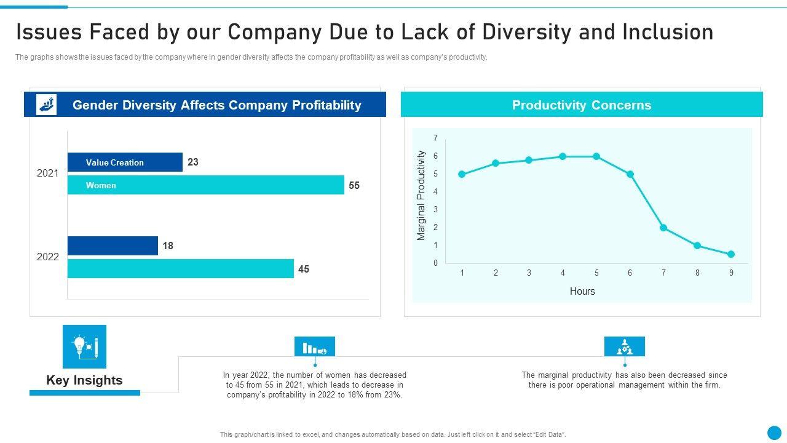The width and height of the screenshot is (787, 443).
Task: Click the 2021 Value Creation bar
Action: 125,162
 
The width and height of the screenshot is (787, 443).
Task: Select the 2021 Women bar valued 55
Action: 205,185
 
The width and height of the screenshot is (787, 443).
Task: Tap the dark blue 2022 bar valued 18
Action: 113,246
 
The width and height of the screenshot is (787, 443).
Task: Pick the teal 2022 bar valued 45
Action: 180,269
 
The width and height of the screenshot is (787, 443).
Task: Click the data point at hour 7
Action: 663,228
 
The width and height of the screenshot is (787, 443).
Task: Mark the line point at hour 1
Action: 462,174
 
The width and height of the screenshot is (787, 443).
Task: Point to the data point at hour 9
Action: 731,254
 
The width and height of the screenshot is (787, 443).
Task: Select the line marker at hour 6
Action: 630,174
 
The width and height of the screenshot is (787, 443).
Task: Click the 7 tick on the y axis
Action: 435,138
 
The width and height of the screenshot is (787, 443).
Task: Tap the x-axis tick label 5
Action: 596,273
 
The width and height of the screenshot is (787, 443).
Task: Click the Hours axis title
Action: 582,291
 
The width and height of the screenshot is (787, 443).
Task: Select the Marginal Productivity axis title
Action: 421,196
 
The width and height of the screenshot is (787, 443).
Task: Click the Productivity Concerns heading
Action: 582,105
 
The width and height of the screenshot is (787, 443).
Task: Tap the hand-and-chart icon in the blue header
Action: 47,105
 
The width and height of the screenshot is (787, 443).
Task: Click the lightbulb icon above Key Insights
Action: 84,346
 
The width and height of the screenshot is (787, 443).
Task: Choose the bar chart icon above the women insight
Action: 315,347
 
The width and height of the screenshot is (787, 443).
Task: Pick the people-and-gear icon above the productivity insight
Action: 625,347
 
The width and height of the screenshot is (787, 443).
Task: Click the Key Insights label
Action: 84,380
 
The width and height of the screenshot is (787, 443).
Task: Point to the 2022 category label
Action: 48,257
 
